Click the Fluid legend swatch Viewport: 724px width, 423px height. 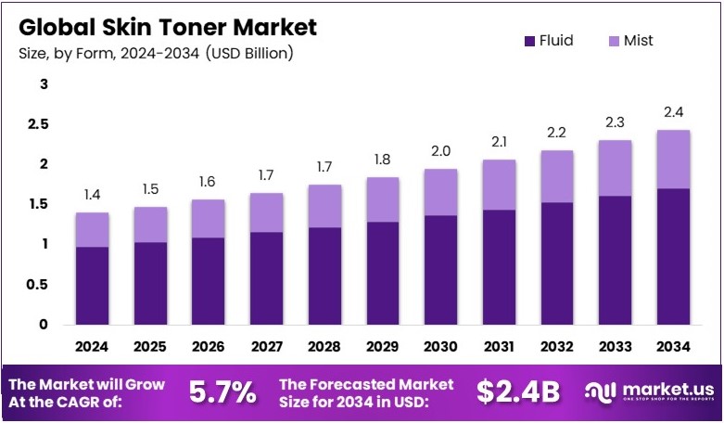pyautogui.click(x=530, y=41)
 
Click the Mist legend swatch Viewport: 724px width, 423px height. pyautogui.click(x=612, y=41)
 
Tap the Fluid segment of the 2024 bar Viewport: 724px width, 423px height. pyautogui.click(x=93, y=286)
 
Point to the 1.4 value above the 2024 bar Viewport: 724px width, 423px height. pyautogui.click(x=93, y=195)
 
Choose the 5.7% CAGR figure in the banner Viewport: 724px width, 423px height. pyautogui.click(x=222, y=392)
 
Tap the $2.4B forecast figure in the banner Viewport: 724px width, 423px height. pyautogui.click(x=518, y=392)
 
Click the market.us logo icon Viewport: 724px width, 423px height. pyautogui.click(x=599, y=392)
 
